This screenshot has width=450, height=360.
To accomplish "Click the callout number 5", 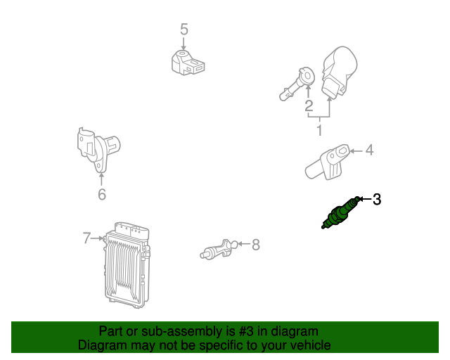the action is (184, 30).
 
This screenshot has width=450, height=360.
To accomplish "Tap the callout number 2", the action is (309, 105).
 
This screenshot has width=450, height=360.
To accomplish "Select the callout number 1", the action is (319, 130).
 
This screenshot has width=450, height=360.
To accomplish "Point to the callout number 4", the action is (369, 150).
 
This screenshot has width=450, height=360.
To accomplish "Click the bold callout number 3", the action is (377, 199).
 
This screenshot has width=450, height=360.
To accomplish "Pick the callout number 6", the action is (102, 194).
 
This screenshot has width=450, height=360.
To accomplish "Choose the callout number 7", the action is (86, 238).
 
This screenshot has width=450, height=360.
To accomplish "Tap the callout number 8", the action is (256, 245).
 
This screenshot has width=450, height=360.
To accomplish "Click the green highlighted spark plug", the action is (340, 213).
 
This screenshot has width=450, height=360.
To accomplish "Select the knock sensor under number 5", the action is (188, 63).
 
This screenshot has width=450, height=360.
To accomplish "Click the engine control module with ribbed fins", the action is (127, 265).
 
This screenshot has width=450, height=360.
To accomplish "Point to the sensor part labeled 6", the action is (98, 150).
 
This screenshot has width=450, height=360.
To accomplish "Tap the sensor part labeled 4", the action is (327, 162).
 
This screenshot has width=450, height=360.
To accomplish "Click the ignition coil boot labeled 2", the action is (297, 84).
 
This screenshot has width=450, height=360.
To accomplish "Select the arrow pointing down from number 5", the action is (184, 43).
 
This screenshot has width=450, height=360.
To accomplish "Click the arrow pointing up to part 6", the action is (101, 179).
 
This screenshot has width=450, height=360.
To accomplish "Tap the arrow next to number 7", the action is (97, 238).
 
